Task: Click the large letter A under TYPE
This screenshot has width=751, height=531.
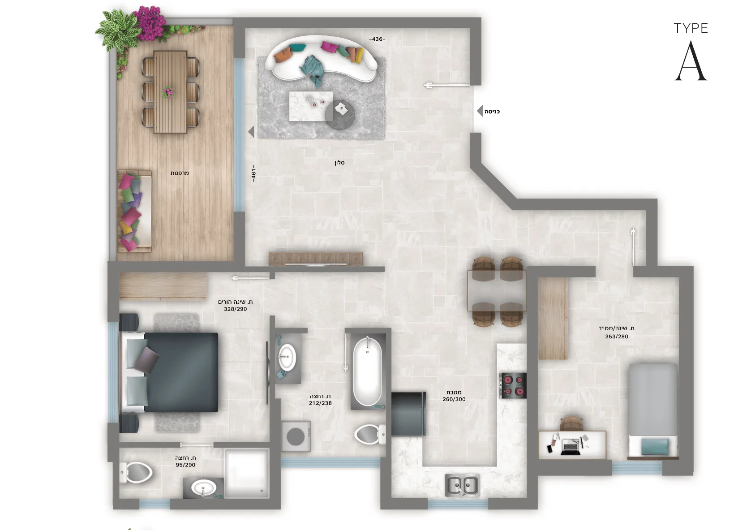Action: coord(691,61)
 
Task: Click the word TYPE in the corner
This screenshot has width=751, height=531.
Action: coord(691,29)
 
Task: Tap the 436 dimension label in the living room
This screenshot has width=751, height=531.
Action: coord(377,39)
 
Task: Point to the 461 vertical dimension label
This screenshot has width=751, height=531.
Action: coord(253,173)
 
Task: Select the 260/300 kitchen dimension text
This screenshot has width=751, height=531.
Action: coord(454,399)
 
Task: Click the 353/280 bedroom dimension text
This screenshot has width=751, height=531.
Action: coord(617,337)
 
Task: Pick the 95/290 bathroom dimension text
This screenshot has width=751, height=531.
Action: coord(185,465)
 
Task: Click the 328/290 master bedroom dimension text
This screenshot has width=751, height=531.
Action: coord(236,309)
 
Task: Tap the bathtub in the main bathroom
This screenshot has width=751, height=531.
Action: coord(368,371)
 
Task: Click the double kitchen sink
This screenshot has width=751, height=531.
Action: coord(462,485)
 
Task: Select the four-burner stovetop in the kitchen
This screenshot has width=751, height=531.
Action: coord(513,385)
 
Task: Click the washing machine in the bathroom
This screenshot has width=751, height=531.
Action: coord(296,436)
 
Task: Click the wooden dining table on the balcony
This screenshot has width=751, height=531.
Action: coord(170,92)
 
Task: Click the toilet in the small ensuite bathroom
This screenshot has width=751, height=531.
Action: coord(136,473)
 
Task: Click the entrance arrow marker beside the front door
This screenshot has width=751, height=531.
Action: coord(480,111)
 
